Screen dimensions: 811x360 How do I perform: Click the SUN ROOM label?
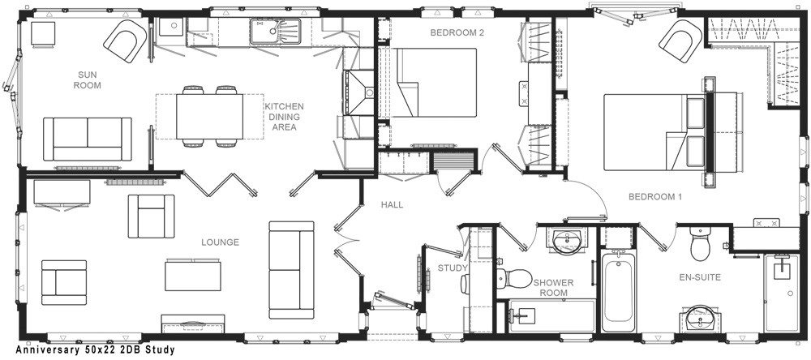(x=87, y=80)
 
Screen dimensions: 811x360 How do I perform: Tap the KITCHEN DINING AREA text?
(x=285, y=117)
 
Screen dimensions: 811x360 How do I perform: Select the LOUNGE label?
(x=220, y=242)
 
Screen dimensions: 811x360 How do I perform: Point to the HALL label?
(x=392, y=205)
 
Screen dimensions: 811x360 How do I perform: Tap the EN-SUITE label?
(x=700, y=278)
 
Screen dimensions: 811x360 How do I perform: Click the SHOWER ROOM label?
(x=553, y=288)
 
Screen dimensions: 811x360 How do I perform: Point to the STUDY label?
(x=453, y=268)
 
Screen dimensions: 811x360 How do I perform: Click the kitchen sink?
(x=275, y=32)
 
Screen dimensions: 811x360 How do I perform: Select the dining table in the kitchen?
(x=209, y=117)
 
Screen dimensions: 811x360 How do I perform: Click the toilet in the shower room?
(x=514, y=278)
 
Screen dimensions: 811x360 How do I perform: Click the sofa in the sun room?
(x=87, y=139)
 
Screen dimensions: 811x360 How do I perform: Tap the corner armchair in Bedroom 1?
(x=680, y=41)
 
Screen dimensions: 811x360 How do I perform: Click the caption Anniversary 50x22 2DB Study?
(x=95, y=350)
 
